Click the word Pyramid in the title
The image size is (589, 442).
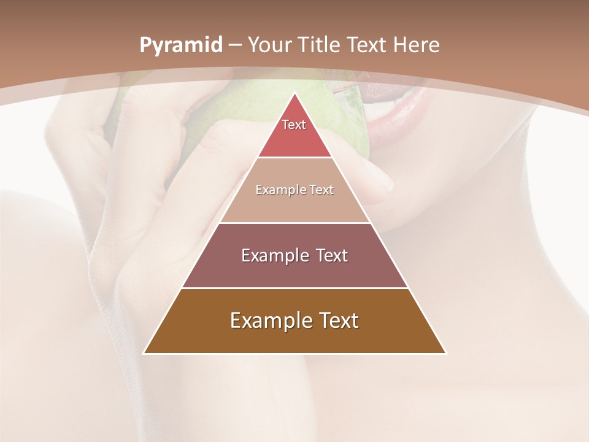(180, 45)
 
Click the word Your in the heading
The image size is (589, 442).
(269, 45)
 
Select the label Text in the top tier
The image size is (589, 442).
(294, 125)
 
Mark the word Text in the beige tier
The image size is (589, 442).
(321, 190)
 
